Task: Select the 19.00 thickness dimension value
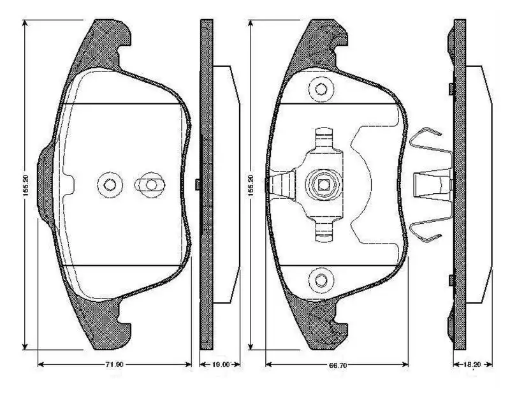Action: pos(221,365)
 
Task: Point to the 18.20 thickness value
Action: pos(472,365)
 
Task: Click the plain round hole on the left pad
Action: pos(110,186)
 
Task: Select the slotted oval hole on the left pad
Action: pos(150,186)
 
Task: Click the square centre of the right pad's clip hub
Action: pos(323,186)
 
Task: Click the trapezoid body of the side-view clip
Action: pos(432,185)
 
